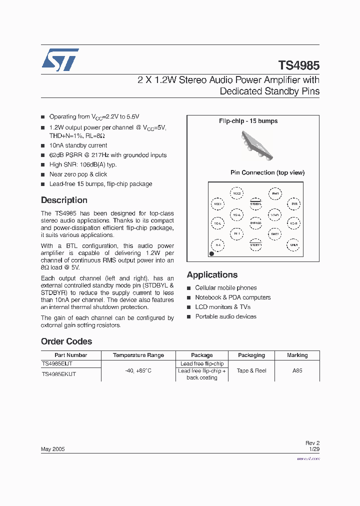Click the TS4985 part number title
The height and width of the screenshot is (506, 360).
pyautogui.click(x=298, y=65)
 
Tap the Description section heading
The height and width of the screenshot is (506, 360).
pyautogui.click(x=64, y=200)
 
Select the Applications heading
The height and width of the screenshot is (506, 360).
pyautogui.click(x=212, y=274)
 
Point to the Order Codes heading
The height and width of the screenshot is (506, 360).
pyautogui.click(x=66, y=341)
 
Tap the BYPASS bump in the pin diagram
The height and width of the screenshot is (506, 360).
pyautogui.click(x=255, y=223)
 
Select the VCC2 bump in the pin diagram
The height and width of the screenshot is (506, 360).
pyautogui.click(x=236, y=193)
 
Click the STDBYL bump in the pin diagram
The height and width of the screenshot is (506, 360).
pyautogui.click(x=255, y=203)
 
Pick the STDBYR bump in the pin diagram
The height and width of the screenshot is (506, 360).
pyautogui.click(x=255, y=245)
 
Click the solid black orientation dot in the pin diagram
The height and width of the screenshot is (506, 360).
pyautogui.click(x=211, y=254)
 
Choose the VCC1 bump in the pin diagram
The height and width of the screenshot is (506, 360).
pyautogui.click(x=217, y=204)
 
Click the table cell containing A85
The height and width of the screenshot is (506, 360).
pyautogui.click(x=297, y=371)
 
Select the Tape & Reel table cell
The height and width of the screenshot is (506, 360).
pyautogui.click(x=251, y=371)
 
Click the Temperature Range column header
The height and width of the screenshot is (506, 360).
pyautogui.click(x=138, y=355)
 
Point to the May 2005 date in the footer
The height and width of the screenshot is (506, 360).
pyautogui.click(x=52, y=449)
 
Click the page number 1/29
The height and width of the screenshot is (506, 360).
pyautogui.click(x=314, y=449)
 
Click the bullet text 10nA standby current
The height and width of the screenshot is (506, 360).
pyautogui.click(x=78, y=145)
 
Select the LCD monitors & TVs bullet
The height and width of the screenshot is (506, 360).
pyautogui.click(x=222, y=307)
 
